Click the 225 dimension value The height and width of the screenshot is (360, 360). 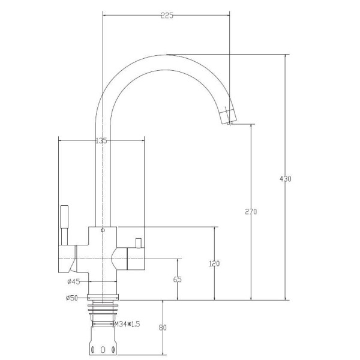click(167, 16)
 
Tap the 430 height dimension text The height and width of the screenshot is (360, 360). click(286, 179)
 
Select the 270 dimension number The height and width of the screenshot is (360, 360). click(251, 211)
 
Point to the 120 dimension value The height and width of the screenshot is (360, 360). click(214, 263)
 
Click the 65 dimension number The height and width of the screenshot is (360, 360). click(177, 280)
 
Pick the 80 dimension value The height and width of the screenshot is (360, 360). click(163, 328)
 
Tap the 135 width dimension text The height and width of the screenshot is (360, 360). click(101, 140)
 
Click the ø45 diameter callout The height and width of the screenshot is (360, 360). click(74, 281)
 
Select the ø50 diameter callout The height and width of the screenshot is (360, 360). click(72, 298)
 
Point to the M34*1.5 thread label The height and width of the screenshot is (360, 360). click(127, 324)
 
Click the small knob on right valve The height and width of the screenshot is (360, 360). click(138, 244)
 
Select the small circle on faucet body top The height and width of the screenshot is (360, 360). click(103, 230)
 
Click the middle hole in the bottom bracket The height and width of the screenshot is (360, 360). click(103, 350)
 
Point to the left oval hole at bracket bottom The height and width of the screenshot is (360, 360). click(93, 350)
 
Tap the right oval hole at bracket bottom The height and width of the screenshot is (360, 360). click(113, 350)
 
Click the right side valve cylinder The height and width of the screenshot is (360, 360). click(136, 259)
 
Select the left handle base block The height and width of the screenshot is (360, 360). click(67, 259)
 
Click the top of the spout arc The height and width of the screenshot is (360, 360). click(166, 55)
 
